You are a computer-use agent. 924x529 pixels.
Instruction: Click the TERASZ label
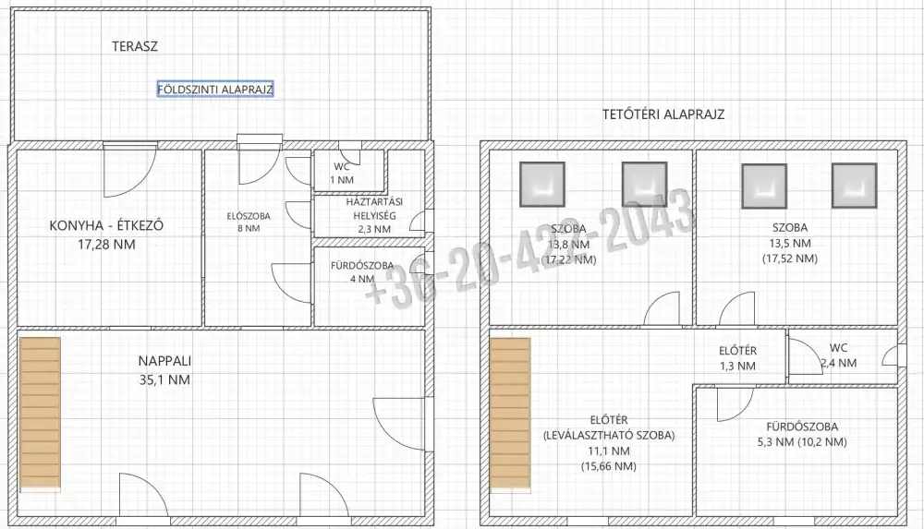coord(135,46)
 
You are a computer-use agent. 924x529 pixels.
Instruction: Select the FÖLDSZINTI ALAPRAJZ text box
coord(215,90)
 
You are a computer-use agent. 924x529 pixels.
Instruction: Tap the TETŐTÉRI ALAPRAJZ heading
coord(663,114)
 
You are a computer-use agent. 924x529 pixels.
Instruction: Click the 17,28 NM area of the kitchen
coord(106,245)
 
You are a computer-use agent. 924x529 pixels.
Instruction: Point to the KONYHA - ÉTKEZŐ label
coord(106,225)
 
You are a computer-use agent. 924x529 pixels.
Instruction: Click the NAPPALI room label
coord(165,361)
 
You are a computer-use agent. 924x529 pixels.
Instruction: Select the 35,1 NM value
coord(165,380)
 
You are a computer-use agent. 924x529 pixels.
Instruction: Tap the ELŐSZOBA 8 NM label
coord(249,222)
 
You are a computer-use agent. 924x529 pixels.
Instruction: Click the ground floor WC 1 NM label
coord(342,174)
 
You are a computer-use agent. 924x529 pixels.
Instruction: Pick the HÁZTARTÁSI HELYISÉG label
coord(374,216)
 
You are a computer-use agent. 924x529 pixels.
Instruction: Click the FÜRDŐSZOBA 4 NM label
coord(362,272)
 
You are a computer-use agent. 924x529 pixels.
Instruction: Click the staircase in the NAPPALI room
coord(40,414)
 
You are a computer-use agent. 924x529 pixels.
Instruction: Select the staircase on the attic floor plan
coord(510,414)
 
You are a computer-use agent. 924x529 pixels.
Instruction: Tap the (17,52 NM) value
coord(790,258)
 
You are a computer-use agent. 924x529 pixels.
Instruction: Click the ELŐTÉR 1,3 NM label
coord(737,358)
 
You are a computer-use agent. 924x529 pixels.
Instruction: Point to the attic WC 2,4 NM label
coord(839,355)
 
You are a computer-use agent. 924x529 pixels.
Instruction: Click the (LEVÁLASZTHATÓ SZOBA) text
coord(609,436)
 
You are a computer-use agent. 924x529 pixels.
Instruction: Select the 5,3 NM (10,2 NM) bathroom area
coord(802,442)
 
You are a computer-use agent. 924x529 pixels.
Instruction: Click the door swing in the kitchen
coord(129,172)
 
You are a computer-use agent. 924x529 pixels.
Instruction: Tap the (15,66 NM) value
coord(609,466)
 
